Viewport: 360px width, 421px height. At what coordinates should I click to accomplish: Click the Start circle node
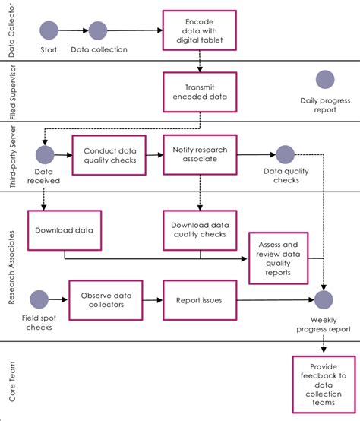tap(49, 30)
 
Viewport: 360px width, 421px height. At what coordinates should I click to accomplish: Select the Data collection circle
tap(98, 30)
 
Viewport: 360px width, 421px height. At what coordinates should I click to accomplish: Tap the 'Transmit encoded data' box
tap(199, 91)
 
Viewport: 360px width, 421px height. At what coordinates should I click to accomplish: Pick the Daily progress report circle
tap(326, 80)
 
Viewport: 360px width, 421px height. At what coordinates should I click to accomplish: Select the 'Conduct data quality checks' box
tap(109, 155)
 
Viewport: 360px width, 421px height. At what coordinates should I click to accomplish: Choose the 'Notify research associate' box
tap(199, 155)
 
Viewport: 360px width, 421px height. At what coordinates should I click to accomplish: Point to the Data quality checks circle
tap(286, 154)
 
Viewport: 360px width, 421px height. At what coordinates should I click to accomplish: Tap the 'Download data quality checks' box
tap(199, 230)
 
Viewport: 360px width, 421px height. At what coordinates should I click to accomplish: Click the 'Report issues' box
tap(199, 300)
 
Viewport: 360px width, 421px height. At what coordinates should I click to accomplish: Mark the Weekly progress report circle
tap(326, 301)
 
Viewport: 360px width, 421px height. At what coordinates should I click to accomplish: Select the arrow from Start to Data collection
tap(74, 30)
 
